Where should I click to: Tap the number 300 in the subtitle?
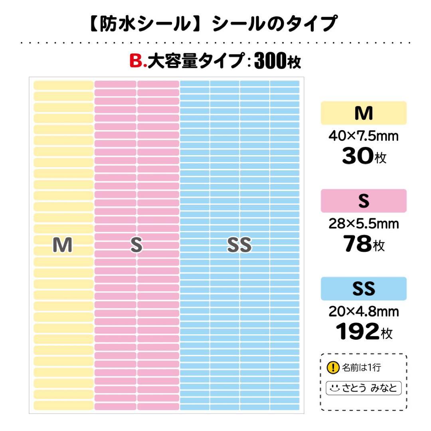click(x=270, y=61)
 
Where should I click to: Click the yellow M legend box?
click(x=364, y=113)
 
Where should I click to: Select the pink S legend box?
click(x=364, y=201)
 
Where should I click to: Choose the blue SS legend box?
click(x=364, y=288)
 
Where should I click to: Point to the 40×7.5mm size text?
click(x=364, y=136)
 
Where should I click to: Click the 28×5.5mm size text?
click(x=364, y=224)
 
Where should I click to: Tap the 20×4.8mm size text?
click(x=364, y=311)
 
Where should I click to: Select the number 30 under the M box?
click(x=357, y=157)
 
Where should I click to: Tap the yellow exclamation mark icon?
click(x=333, y=368)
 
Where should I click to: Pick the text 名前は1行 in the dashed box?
click(x=361, y=368)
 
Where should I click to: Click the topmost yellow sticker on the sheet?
click(x=63, y=85)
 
